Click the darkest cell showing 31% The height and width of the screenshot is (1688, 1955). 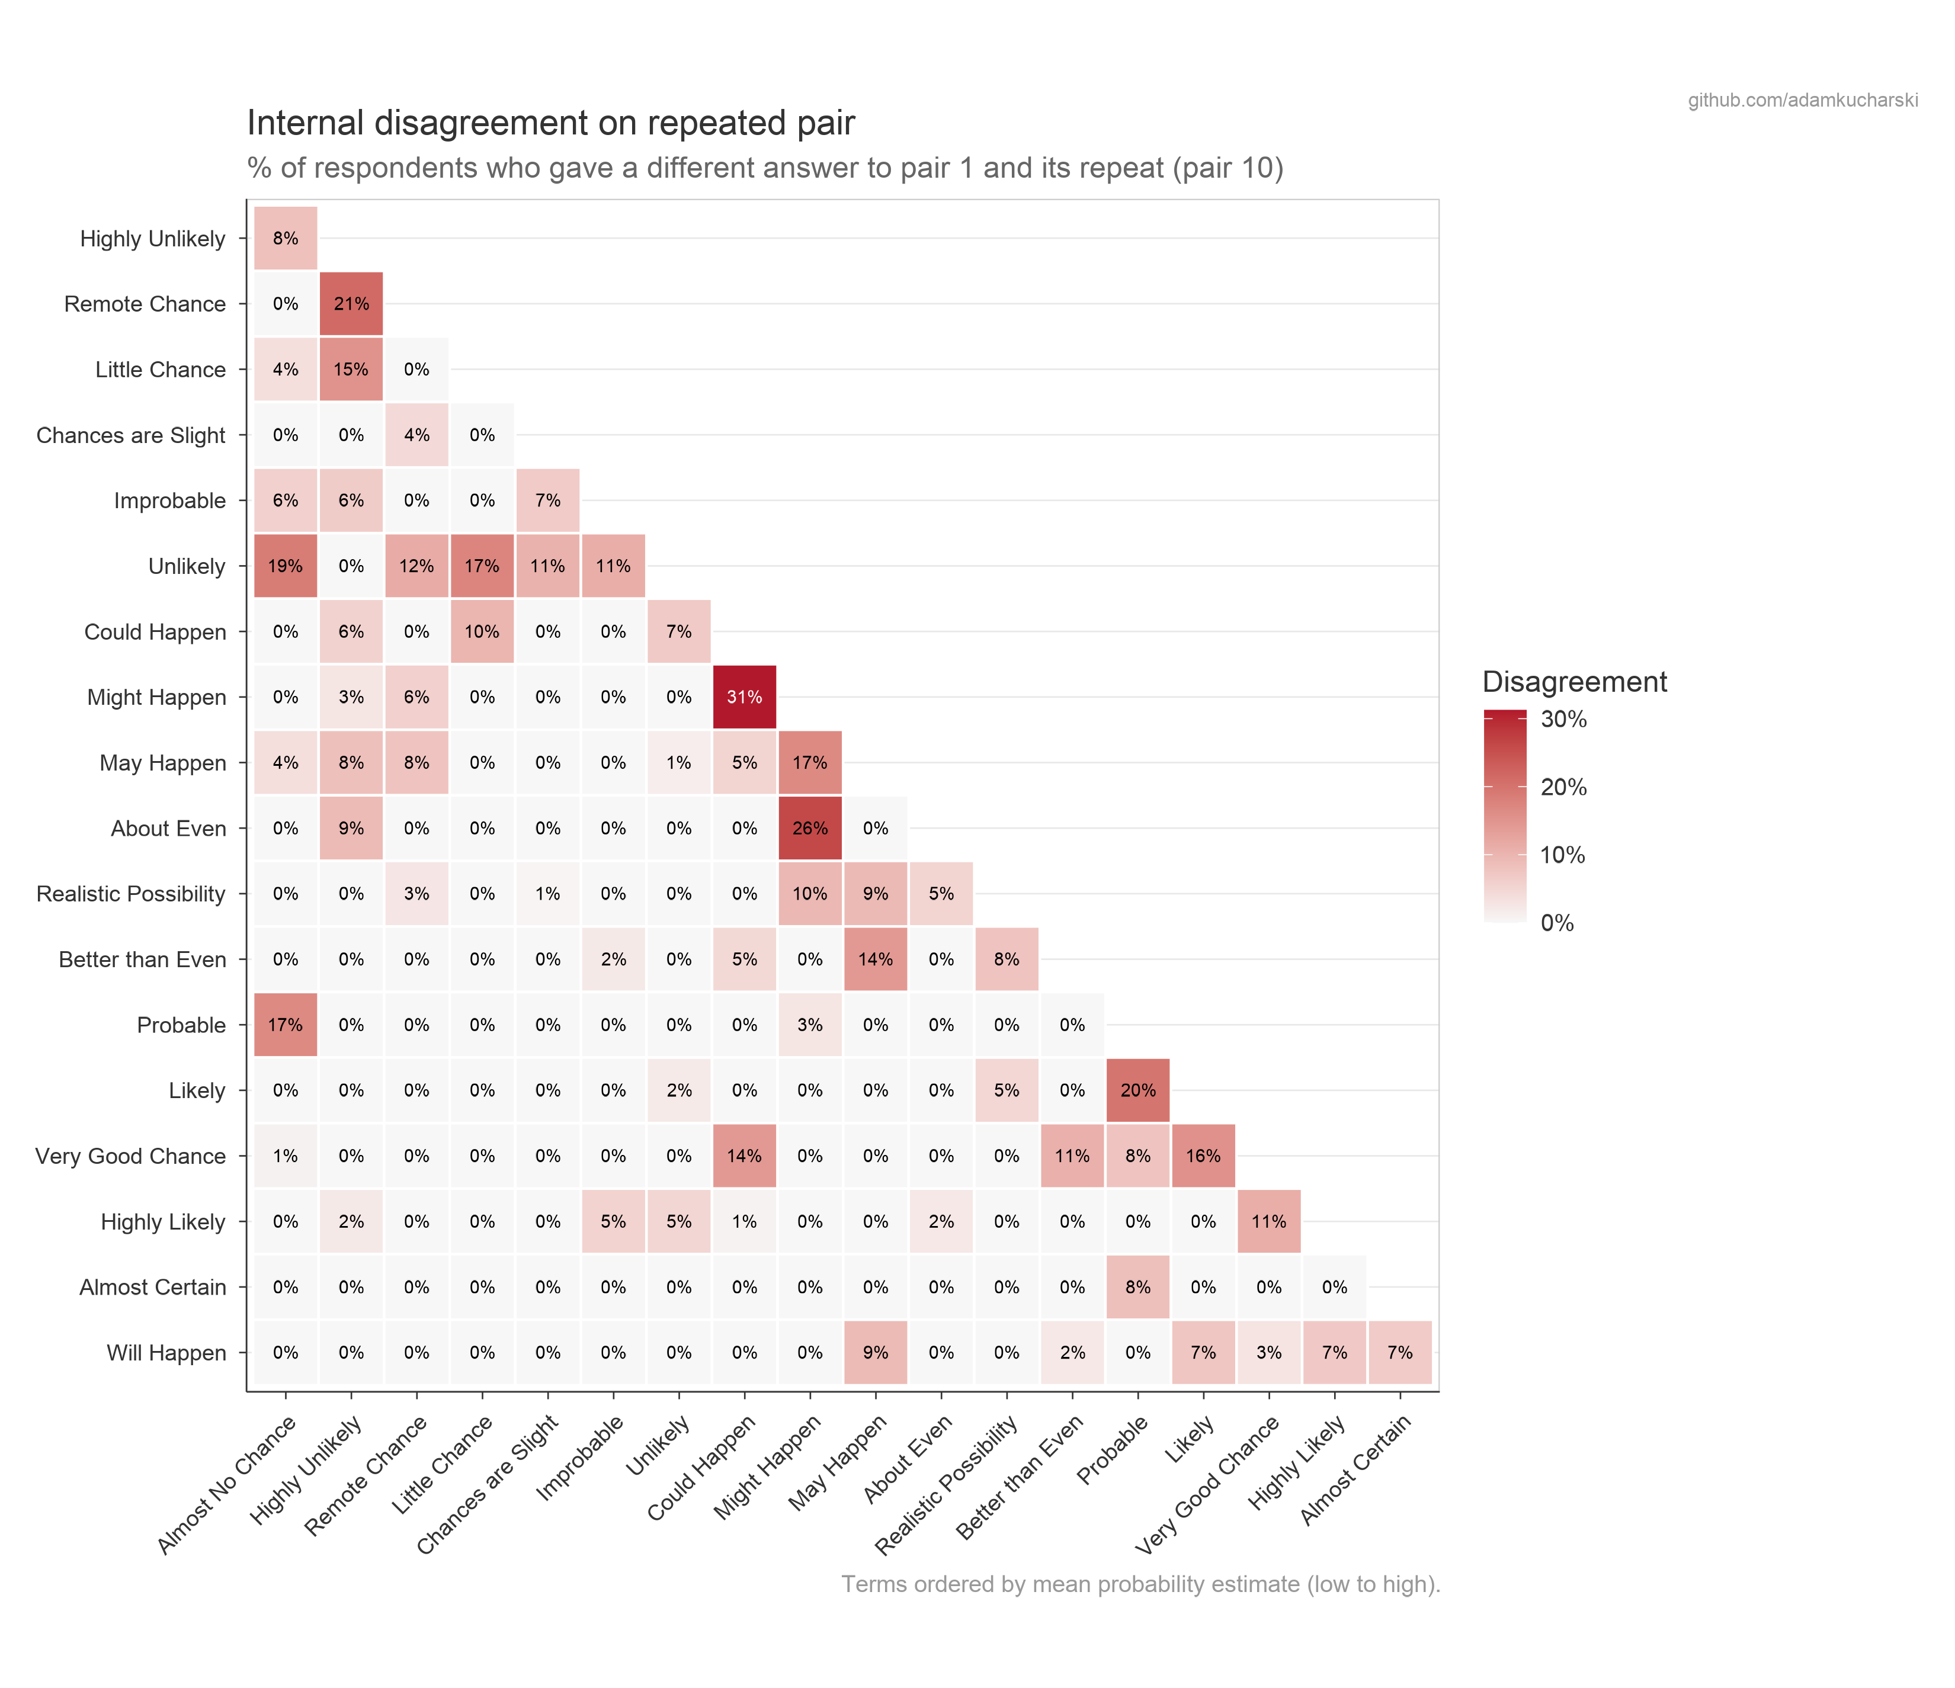pyautogui.click(x=745, y=697)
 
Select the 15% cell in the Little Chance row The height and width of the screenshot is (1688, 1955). pyautogui.click(x=351, y=370)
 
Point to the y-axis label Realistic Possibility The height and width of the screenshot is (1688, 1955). pyautogui.click(x=131, y=894)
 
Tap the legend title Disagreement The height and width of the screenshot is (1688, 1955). pyautogui.click(x=1574, y=681)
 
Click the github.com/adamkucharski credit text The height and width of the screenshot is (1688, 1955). pyautogui.click(x=1802, y=100)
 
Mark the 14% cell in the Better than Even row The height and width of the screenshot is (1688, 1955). pyautogui.click(x=876, y=959)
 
